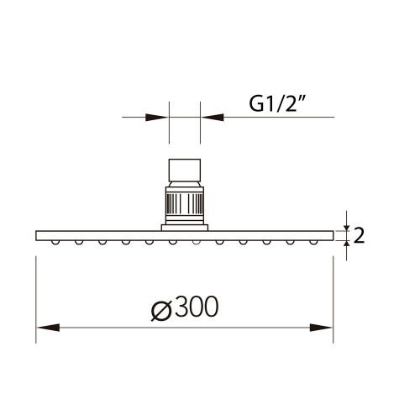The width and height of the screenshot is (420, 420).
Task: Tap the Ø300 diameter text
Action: tap(184, 308)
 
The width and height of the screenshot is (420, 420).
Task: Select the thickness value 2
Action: tap(360, 235)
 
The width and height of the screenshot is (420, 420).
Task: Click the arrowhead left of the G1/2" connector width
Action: tap(160, 118)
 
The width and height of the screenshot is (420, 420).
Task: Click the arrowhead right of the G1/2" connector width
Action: tap(209, 118)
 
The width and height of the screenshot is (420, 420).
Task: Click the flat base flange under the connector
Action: tap(184, 225)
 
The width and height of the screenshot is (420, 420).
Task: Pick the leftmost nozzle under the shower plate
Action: tap(54, 241)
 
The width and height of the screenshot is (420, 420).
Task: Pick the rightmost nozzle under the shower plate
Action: tap(313, 241)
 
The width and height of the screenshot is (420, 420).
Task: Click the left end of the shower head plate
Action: tap(37, 234)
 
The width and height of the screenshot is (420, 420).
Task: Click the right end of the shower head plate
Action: tap(331, 234)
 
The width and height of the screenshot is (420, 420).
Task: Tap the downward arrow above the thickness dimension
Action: tap(345, 223)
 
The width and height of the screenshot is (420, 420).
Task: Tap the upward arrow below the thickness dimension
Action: tap(345, 244)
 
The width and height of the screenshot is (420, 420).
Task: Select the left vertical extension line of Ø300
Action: tap(34, 294)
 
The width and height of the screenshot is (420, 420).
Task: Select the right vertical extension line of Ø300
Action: tap(333, 294)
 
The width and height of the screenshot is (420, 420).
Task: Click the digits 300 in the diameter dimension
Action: tap(196, 308)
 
